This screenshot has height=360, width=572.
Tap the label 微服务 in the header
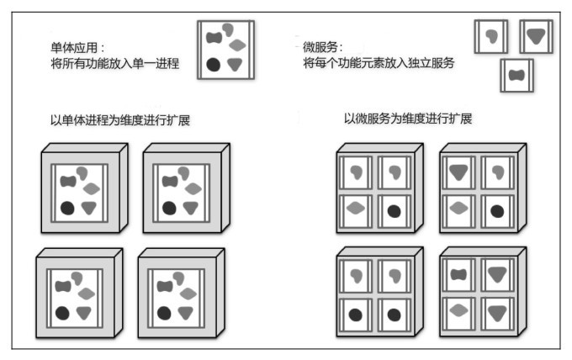pyautogui.click(x=323, y=48)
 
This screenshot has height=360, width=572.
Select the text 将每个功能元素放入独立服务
pyautogui.click(x=373, y=63)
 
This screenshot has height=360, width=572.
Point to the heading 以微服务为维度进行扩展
pyautogui.click(x=407, y=119)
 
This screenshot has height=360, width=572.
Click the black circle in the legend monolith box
pyautogui.click(x=214, y=65)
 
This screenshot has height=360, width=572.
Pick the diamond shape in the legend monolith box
pyautogui.click(x=238, y=45)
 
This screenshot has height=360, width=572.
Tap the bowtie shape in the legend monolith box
pyautogui.click(x=215, y=39)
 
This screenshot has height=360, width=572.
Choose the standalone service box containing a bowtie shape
pyautogui.click(x=516, y=76)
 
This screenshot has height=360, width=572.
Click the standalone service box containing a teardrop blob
pyautogui.click(x=491, y=36)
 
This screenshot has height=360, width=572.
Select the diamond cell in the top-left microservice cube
pyautogui.click(x=357, y=209)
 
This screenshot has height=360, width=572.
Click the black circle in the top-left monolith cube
pyautogui.click(x=66, y=207)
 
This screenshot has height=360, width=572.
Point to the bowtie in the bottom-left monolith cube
pyautogui.click(x=63, y=286)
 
